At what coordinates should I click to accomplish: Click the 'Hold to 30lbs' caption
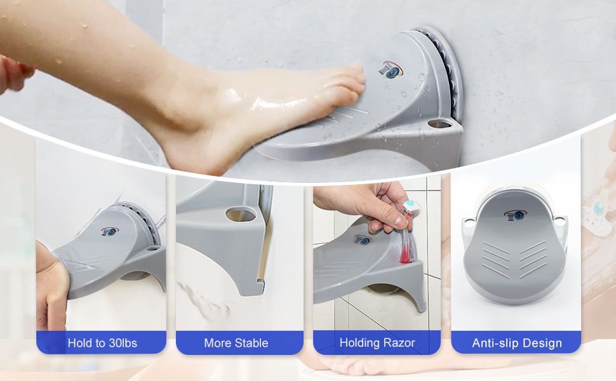(x=102, y=343)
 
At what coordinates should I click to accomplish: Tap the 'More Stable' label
(x=236, y=343)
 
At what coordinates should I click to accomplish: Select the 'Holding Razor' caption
(x=377, y=343)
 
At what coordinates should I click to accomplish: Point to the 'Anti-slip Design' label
(x=516, y=344)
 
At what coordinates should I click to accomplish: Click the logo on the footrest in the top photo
(x=391, y=70)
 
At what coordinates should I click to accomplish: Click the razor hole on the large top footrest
(x=439, y=124)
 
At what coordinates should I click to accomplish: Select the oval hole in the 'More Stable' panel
(x=241, y=215)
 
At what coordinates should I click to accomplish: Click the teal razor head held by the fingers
(x=408, y=206)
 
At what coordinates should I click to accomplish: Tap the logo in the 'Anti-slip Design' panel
(x=516, y=215)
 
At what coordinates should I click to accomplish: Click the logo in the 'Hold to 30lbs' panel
(x=110, y=231)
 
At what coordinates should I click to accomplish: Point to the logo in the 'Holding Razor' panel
(x=362, y=239)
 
